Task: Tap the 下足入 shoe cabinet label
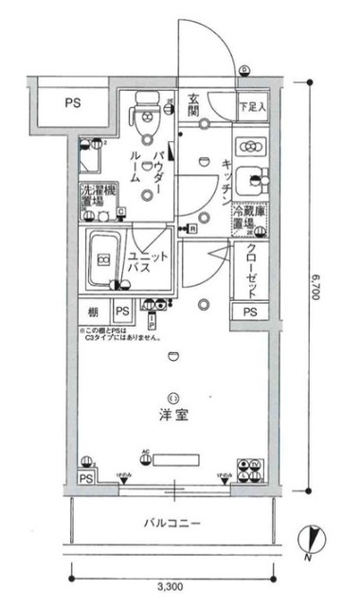click(x=252, y=108)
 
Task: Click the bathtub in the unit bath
click(x=100, y=259)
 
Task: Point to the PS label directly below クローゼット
click(x=250, y=312)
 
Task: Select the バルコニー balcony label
click(x=171, y=522)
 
